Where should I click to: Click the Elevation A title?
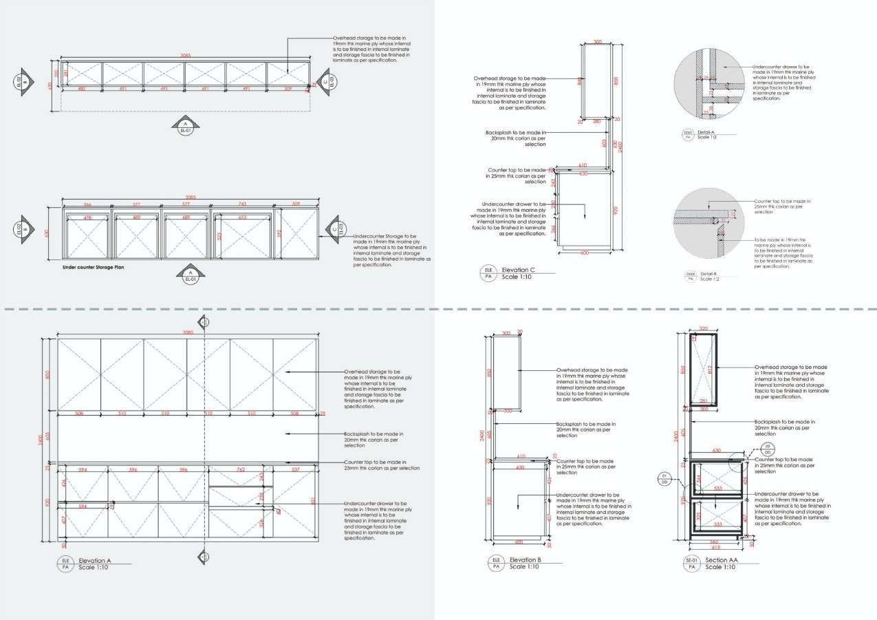click(x=95, y=560)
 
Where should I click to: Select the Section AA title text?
click(x=722, y=560)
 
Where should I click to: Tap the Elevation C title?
click(x=518, y=270)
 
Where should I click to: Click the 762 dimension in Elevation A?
click(x=241, y=470)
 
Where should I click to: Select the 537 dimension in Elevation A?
click(x=296, y=470)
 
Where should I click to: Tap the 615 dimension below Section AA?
click(x=716, y=548)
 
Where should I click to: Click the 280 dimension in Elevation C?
click(x=596, y=122)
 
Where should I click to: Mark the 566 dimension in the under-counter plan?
click(x=87, y=204)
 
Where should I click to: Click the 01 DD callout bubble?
click(x=665, y=479)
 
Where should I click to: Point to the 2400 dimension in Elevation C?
click(x=622, y=146)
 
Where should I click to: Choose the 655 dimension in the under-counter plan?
click(x=242, y=217)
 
